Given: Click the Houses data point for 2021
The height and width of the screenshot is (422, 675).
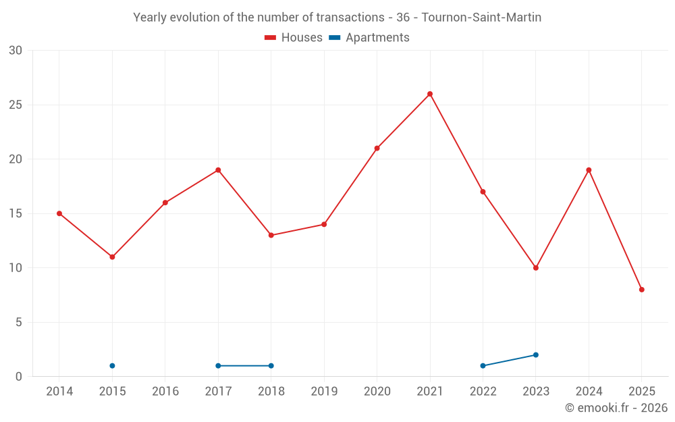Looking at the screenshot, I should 430,94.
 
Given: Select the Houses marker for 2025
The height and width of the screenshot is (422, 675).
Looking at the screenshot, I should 642,290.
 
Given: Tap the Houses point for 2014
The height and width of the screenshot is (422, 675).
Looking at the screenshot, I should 59,213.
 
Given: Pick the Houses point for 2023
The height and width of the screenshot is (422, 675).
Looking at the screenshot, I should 536,268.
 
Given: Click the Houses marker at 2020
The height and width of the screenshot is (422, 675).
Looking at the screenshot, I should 377,149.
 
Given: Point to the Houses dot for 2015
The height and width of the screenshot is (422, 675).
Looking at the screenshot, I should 112,257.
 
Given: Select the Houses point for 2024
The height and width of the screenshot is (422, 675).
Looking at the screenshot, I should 589,170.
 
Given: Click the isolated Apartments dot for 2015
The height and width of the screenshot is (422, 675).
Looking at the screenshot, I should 112,366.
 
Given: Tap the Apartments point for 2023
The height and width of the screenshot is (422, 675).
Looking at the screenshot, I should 536,355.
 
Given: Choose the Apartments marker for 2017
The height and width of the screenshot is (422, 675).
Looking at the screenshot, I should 218,366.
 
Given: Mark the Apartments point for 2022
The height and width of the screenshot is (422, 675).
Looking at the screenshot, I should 483,366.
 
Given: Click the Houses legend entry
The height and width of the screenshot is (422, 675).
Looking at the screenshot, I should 294,38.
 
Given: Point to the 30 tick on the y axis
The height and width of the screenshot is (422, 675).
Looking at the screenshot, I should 16,51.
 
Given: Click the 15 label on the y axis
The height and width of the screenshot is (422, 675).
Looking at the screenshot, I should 16,214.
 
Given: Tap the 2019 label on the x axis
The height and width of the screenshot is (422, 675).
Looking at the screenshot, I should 324,392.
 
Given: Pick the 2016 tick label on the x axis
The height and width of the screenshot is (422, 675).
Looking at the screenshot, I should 165,392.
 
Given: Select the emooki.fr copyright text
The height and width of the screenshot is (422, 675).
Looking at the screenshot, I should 616,408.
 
